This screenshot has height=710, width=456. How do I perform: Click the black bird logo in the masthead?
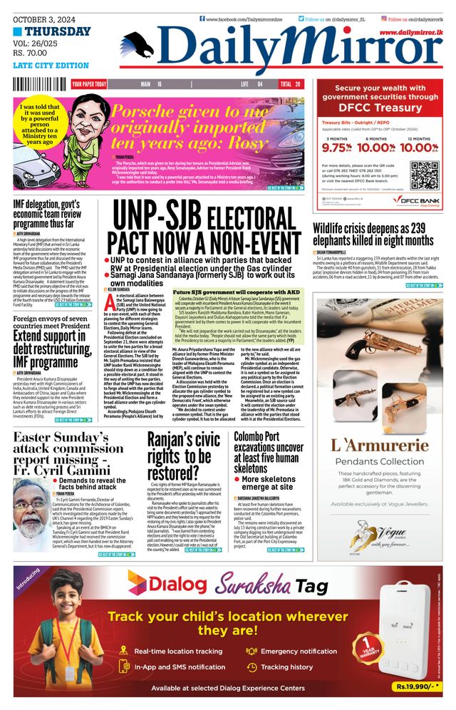click(140, 47)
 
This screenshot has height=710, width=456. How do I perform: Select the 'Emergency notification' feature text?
click(299, 651)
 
